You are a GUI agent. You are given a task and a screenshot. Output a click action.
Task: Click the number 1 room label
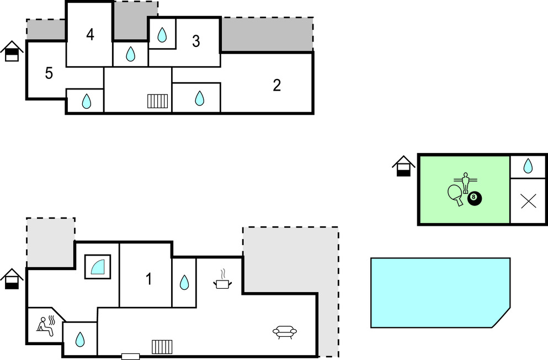click(x=148, y=279)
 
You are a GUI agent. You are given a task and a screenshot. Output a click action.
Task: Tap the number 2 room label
click(x=277, y=85)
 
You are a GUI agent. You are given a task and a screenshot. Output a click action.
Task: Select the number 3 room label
click(x=196, y=41)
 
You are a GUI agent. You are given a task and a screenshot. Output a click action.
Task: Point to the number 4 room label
click(x=90, y=34)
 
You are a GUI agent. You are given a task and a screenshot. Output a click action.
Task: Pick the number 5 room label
click(x=49, y=73)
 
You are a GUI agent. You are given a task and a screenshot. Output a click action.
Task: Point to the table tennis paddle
click(x=456, y=194)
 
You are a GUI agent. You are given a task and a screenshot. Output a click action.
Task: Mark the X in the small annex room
click(x=528, y=201)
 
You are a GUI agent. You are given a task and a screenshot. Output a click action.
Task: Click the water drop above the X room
click(x=528, y=166)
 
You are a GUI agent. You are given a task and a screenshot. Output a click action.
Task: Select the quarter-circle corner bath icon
click(x=98, y=267)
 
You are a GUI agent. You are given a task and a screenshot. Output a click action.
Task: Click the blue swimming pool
click(x=436, y=292)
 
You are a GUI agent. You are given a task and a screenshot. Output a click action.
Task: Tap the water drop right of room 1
click(x=184, y=283)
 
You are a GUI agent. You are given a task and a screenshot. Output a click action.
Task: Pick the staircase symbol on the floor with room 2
click(x=158, y=100)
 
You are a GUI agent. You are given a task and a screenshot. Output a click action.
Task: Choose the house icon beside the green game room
click(x=404, y=166)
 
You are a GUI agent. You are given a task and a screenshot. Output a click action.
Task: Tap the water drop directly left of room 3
click(x=162, y=35)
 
